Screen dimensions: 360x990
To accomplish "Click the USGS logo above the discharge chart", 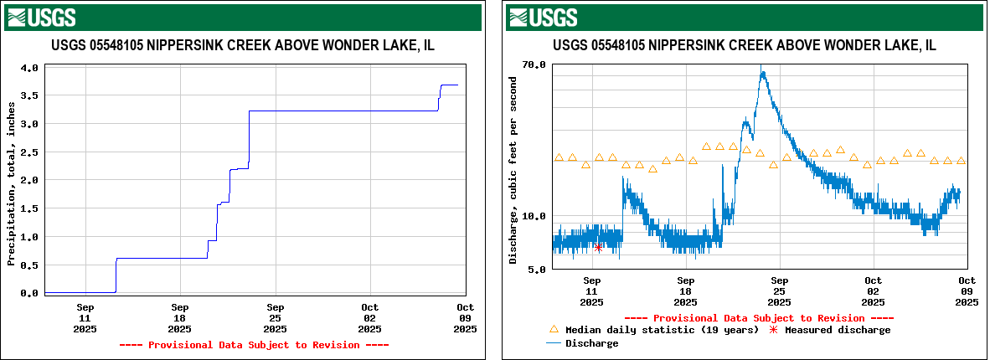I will (543, 17).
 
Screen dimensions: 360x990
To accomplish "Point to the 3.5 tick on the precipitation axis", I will (29, 96).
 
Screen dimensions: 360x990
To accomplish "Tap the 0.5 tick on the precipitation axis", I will (29, 265).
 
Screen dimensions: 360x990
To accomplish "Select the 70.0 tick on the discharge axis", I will (534, 64).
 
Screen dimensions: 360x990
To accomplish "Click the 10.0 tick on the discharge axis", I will (534, 217).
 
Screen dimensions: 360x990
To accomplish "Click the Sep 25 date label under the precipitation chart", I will (276, 318).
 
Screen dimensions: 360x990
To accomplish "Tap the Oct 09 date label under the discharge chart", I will (967, 291).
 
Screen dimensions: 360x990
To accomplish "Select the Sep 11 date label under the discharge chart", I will (592, 291).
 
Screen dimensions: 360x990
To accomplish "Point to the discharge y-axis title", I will (513, 167).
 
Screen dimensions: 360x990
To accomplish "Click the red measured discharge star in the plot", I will (598, 247).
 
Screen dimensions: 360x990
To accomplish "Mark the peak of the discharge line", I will (762, 70).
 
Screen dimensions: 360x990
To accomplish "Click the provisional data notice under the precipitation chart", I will (254, 345).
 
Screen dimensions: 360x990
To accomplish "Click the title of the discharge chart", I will (744, 45).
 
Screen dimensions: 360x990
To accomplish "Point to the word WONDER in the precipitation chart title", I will (358, 45).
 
